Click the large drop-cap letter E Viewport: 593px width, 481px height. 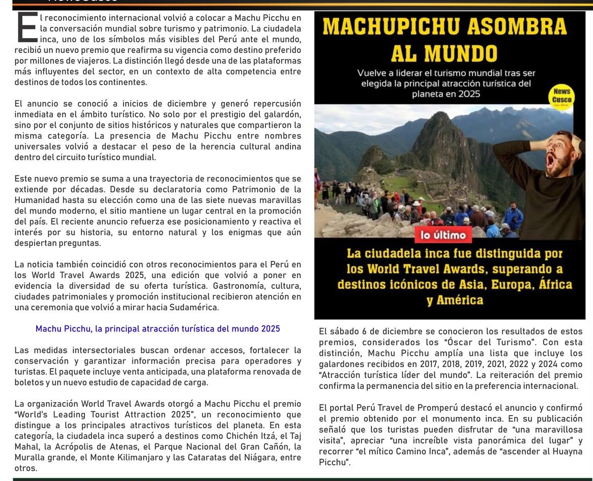coord(26,27)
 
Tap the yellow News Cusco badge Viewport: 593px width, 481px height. coord(562,96)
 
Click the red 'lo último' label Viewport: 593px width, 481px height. coord(443,235)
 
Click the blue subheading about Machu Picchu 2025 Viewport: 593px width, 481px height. coord(158,328)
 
